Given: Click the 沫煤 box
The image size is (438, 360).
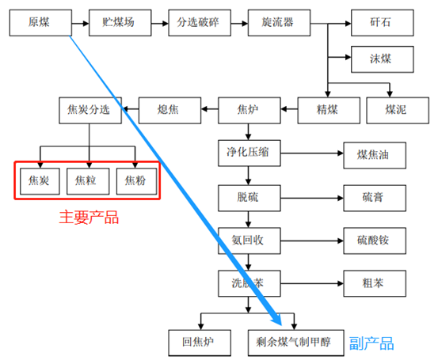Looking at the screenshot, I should coord(380,58).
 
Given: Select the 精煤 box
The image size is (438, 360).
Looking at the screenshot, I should coord(328,108).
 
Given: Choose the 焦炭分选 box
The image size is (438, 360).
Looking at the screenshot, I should coord(90,108).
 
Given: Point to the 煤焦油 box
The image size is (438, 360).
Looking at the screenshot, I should coord(374,153).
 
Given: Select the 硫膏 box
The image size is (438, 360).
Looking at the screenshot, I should coord(374,195).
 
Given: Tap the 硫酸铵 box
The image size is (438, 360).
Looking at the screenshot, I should coord(374,238).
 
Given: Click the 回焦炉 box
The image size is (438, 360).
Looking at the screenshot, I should coord(200,343).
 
